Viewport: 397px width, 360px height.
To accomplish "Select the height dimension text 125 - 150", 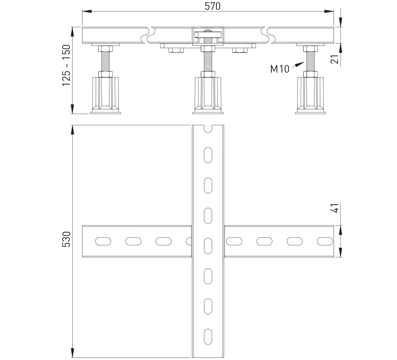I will [x=66, y=66].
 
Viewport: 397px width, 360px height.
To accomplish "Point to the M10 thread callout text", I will [x=280, y=69].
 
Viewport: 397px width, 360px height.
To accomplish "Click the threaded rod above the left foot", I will [x=105, y=62].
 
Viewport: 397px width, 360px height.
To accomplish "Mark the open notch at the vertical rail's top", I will [x=208, y=128].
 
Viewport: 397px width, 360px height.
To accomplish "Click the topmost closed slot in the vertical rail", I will [x=208, y=155].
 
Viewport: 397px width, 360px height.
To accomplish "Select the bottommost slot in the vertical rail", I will [x=208, y=337].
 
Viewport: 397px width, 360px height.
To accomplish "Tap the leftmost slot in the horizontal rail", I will [x=103, y=241].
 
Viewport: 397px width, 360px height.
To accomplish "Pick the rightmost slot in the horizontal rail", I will [x=325, y=241].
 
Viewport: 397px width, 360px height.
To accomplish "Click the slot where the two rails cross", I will [x=208, y=246].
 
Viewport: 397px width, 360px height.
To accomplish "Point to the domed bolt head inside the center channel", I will [x=208, y=31].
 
